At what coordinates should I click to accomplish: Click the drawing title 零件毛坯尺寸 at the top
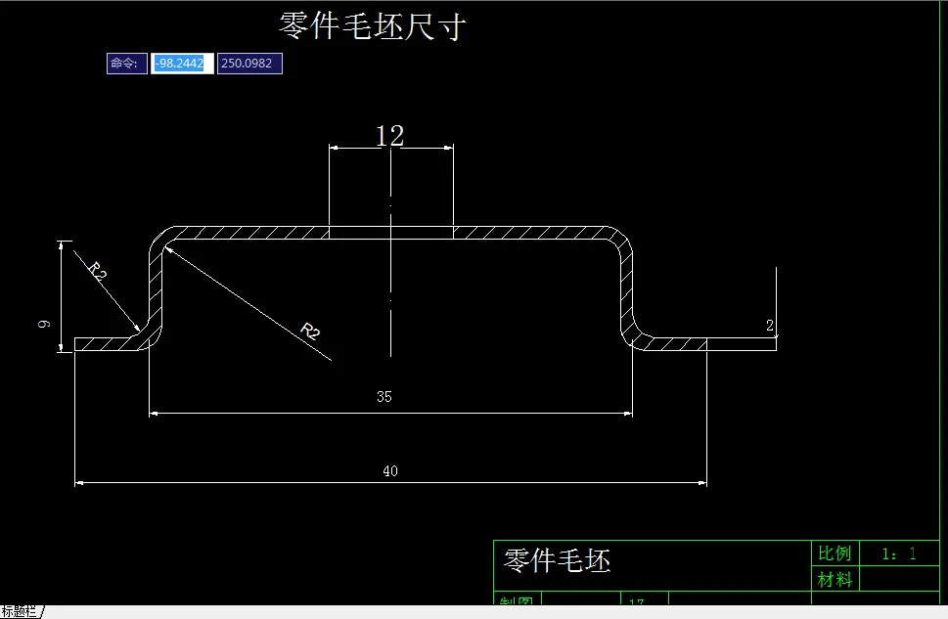coord(372,26)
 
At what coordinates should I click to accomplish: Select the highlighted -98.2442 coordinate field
coord(182,64)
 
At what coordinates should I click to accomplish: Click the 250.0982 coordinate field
coord(249,64)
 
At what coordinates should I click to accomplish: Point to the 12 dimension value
coord(389,136)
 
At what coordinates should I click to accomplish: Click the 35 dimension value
coord(384,397)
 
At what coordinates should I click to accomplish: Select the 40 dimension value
coord(390,471)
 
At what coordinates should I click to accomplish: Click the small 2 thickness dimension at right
coord(770,325)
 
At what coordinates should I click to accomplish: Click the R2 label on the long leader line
coord(308,331)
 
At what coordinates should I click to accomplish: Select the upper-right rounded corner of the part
coord(622,241)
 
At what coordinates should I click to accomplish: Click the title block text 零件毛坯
coord(557,560)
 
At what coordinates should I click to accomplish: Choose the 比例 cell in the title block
coord(835,553)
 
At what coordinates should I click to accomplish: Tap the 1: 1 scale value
coord(899,553)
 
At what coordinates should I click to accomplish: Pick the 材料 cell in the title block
coord(835,579)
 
